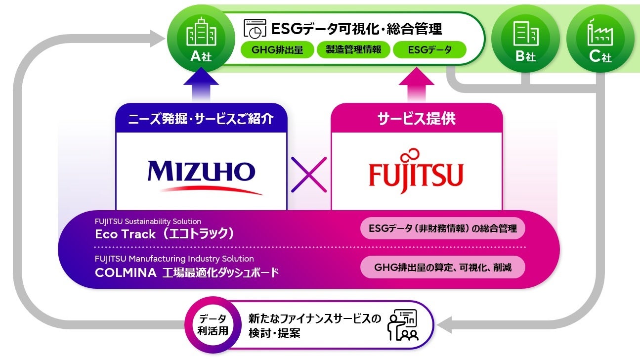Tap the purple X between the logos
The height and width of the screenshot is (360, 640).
[x=309, y=174]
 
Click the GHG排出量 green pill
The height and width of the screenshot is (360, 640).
[x=277, y=49]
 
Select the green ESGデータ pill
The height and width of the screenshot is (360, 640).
[x=429, y=49]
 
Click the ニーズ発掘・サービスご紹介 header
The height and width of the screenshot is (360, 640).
[x=201, y=119]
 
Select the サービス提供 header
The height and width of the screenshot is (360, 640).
[x=416, y=119]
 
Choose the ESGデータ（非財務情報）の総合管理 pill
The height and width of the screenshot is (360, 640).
[x=442, y=228]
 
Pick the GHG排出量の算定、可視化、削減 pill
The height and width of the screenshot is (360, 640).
[x=442, y=268]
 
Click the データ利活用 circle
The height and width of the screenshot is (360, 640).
[x=214, y=324]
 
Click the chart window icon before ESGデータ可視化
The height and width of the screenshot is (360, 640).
[x=255, y=29]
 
